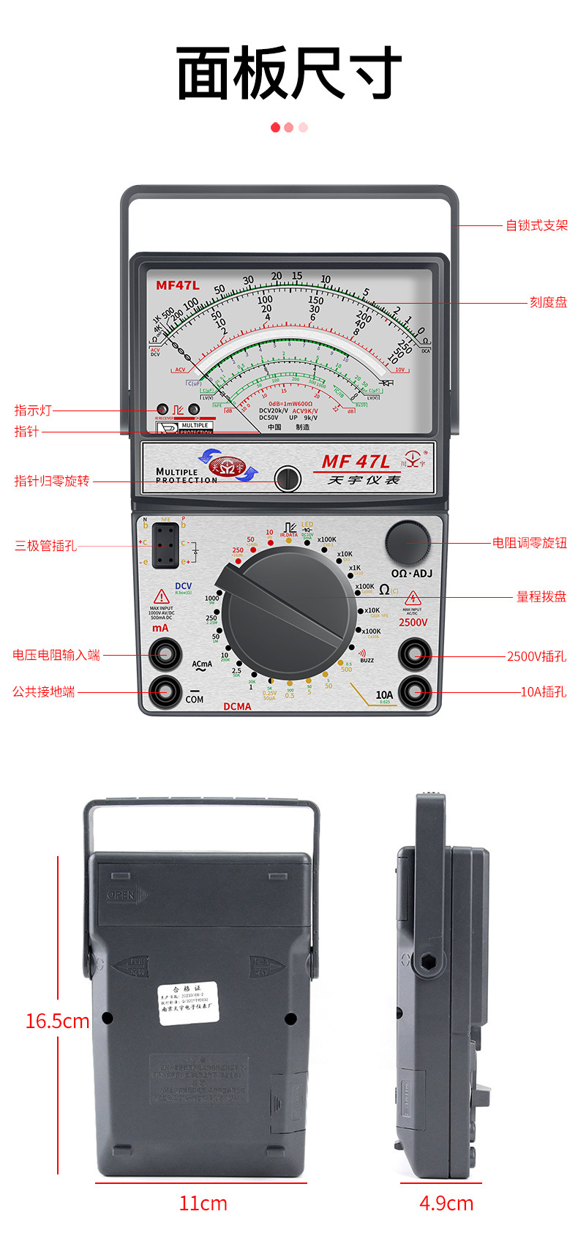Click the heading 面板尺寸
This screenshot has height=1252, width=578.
click(289, 73)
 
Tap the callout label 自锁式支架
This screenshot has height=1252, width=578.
click(536, 225)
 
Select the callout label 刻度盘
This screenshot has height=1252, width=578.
click(548, 302)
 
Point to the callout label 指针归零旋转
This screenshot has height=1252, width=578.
click(52, 481)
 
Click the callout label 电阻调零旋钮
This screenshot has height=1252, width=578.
click(529, 543)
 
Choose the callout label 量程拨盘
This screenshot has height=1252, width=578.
click(541, 597)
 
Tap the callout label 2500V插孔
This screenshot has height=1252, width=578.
click(536, 656)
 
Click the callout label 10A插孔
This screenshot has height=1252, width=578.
click(543, 691)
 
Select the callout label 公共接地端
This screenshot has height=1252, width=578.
click(44, 691)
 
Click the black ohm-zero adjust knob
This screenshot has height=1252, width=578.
click(408, 542)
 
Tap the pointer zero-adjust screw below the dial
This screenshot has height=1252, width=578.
click(288, 479)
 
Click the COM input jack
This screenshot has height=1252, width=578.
click(165, 690)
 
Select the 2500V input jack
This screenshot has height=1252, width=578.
click(415, 653)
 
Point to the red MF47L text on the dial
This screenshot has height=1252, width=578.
click(177, 285)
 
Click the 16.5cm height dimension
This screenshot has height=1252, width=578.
click(57, 1021)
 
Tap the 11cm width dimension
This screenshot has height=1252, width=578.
click(203, 1203)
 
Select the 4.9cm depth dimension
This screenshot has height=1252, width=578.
click(446, 1203)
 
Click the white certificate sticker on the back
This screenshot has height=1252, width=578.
click(188, 1003)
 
